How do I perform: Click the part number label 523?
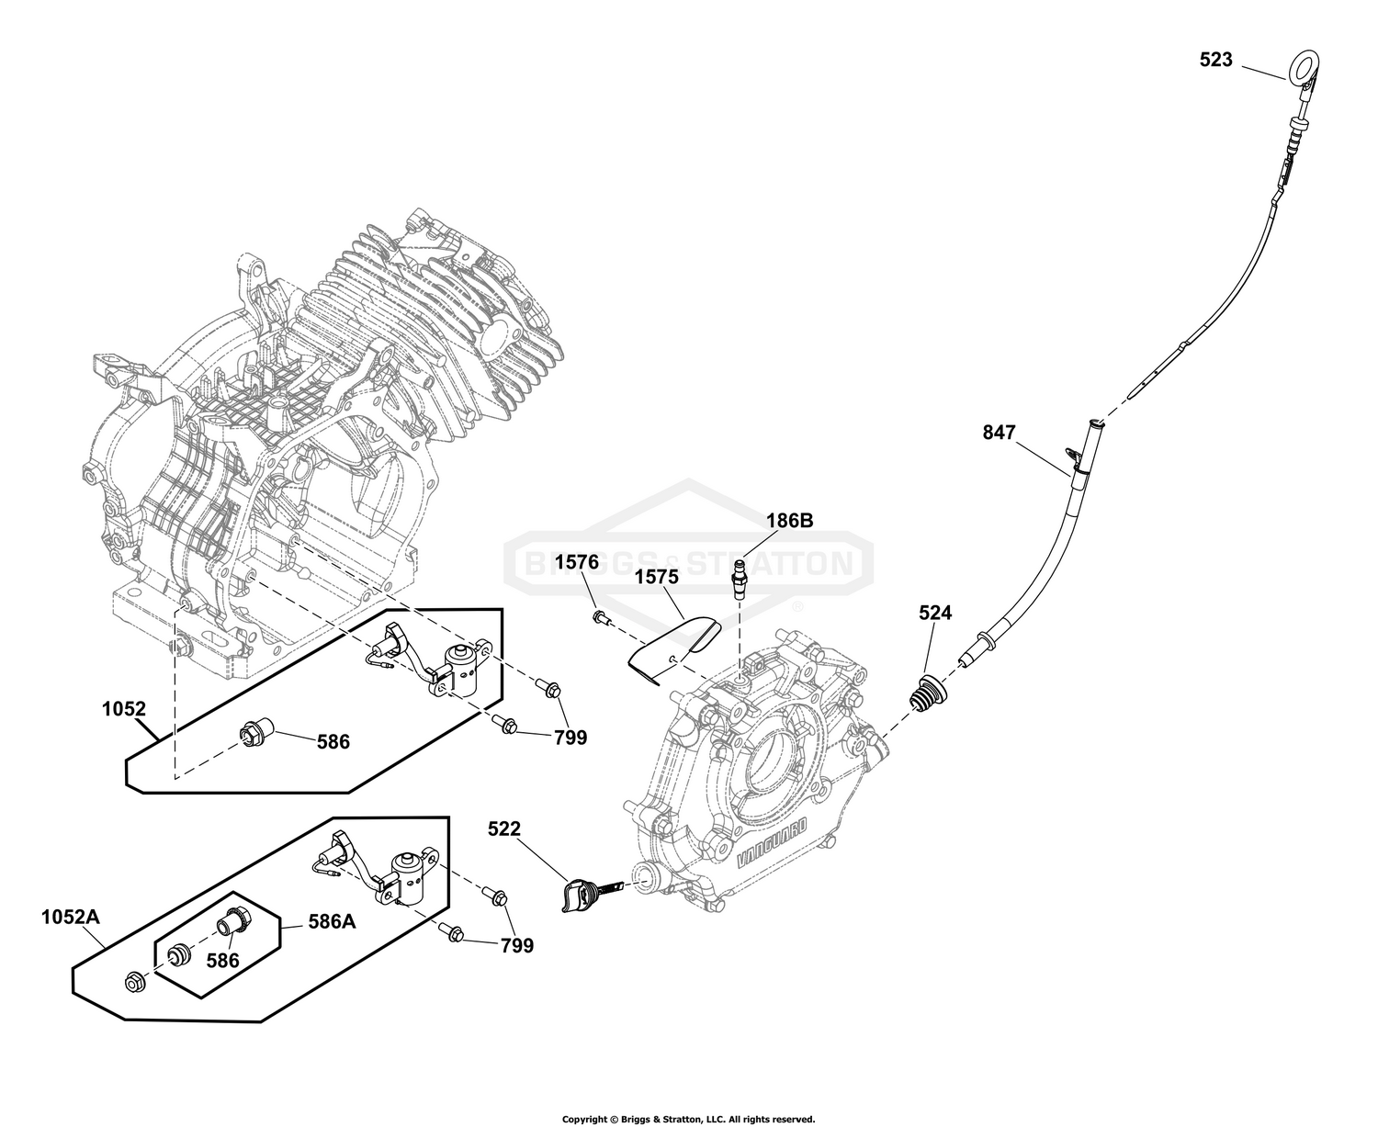1215,60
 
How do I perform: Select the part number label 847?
999,433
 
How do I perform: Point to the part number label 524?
935,612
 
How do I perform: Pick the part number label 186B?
789,520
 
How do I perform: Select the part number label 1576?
577,562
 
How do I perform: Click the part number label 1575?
658,577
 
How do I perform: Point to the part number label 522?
504,828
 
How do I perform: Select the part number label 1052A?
71,918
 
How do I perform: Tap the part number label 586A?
332,921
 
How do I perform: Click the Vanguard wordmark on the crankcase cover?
771,843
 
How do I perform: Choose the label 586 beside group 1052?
333,741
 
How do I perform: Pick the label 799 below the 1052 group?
570,738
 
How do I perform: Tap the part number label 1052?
124,709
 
